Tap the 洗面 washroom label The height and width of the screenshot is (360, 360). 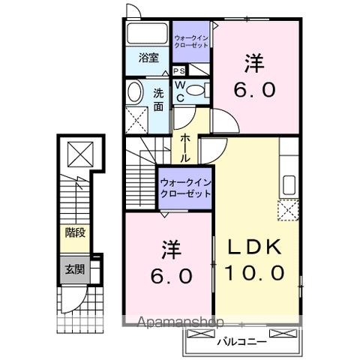pos(159,100)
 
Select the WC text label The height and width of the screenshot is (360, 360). pos(180,91)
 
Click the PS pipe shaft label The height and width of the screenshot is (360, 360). pos(179,70)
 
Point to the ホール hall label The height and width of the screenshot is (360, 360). pos(184,148)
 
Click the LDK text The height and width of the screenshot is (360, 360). pos(251,247)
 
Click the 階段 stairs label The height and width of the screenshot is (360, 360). pos(73,232)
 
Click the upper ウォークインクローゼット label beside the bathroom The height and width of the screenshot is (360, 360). pos(193,40)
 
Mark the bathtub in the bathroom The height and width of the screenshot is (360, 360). pos(147,34)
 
